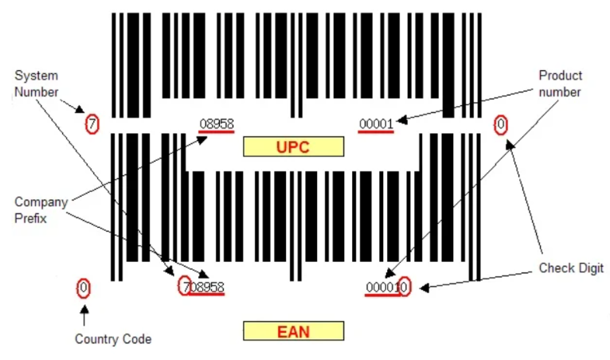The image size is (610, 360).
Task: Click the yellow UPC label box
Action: tap(293, 147)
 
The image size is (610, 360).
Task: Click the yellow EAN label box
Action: tap(293, 331)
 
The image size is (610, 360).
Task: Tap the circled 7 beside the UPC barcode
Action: tap(92, 124)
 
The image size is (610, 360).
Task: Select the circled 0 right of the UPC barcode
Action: tap(501, 124)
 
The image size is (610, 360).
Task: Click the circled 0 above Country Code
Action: tap(84, 288)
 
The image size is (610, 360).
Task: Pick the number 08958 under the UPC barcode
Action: tap(217, 123)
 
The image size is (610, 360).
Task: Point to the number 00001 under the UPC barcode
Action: tap(376, 124)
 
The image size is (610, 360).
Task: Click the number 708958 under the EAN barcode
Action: tap(203, 288)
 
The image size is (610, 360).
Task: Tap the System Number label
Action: tap(36, 84)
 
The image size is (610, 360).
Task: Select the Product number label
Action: tap(560, 84)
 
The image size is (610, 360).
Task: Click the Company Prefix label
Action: tap(41, 210)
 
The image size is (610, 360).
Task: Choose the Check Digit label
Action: tap(571, 268)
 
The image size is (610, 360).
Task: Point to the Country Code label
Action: tap(113, 339)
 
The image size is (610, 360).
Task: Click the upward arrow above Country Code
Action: tap(84, 315)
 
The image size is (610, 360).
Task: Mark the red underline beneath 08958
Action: tap(217, 132)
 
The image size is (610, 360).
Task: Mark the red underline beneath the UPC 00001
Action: tap(376, 132)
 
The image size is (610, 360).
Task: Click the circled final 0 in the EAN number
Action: tap(405, 287)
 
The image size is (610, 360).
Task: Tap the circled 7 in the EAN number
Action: tap(185, 286)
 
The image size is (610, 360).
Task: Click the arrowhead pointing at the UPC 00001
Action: tap(401, 120)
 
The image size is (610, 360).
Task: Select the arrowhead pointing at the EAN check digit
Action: tap(424, 288)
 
